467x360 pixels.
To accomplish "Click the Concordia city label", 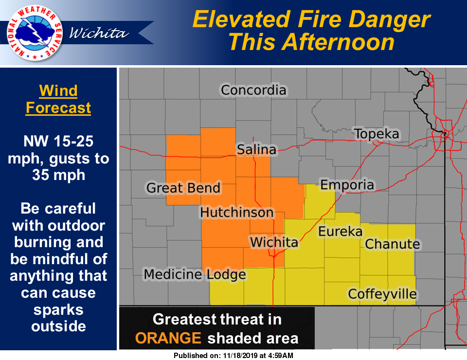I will [x=253, y=90].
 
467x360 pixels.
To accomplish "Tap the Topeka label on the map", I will [x=377, y=134].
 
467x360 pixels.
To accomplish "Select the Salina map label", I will [x=256, y=150].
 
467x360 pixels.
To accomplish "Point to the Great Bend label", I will [x=183, y=188].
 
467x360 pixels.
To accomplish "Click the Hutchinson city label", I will [x=237, y=213].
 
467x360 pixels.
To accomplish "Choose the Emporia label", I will [x=347, y=185].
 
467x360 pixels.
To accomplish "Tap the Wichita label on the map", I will [x=274, y=242].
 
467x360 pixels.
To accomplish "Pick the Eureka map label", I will [x=341, y=232].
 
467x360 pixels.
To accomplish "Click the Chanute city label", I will [x=392, y=244].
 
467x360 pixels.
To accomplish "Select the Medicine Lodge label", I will [x=195, y=275].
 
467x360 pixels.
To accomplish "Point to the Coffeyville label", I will [x=382, y=294].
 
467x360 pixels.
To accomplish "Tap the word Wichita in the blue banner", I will [x=99, y=33].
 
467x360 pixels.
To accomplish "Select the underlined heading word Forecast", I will [x=58, y=108].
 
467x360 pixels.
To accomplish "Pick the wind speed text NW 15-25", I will [x=58, y=142].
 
